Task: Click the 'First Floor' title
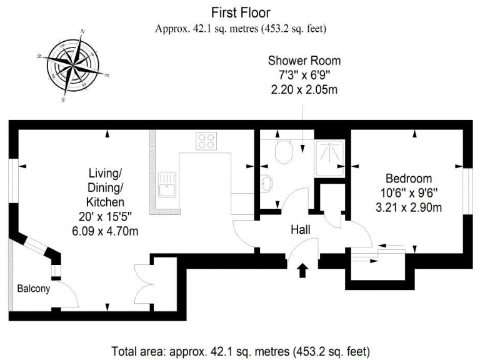tap(241, 12)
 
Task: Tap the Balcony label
tap(33, 289)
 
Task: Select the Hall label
tap(301, 230)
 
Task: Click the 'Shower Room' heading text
tap(304, 61)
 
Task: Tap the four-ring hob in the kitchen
tap(207, 141)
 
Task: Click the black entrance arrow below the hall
tap(302, 270)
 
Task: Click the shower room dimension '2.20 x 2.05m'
tap(304, 89)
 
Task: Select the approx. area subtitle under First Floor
tap(241, 28)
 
